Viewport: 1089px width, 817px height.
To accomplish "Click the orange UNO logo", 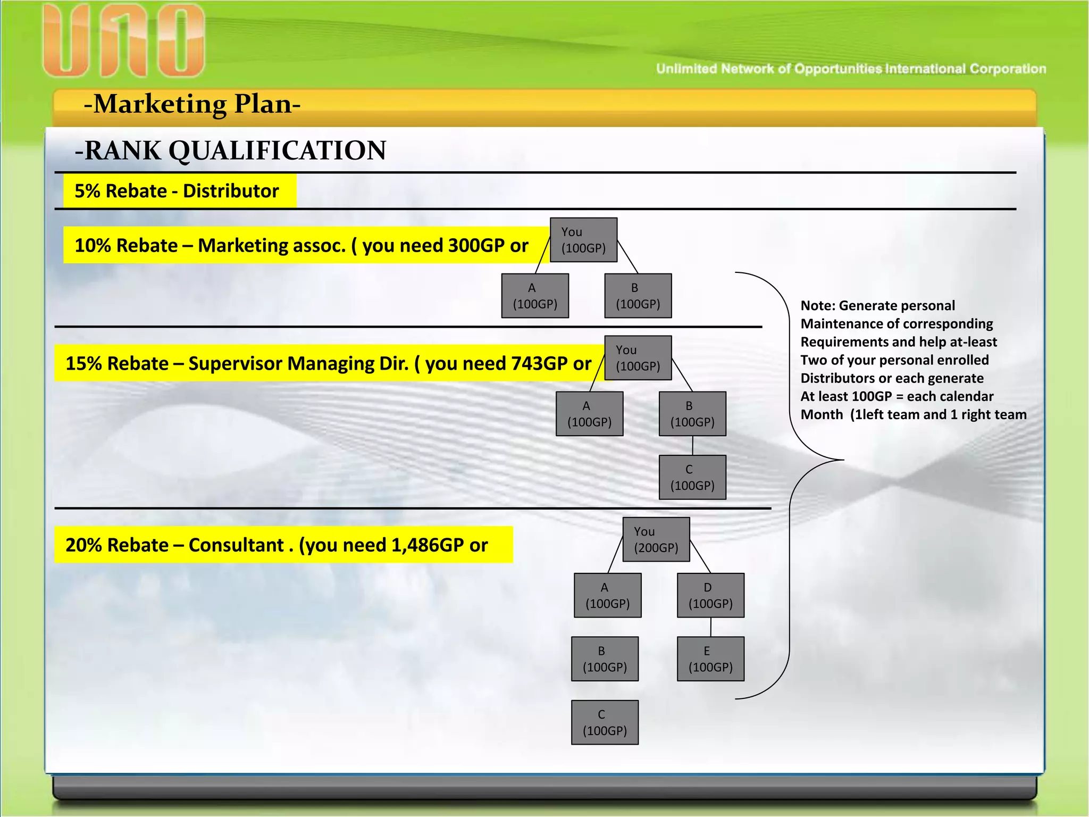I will coord(123,41).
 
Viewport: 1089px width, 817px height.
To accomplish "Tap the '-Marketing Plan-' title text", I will coord(192,104).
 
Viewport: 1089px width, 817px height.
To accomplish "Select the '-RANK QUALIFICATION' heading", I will coord(231,151).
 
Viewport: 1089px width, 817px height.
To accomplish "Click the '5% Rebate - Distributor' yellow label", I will coord(177,191).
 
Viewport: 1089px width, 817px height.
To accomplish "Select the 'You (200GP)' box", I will coord(656,539).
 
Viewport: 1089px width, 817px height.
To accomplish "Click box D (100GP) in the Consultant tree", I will coord(710,595).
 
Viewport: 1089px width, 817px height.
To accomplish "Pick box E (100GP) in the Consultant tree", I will coord(710,659).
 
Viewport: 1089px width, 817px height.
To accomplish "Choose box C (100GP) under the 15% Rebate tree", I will coord(692,477).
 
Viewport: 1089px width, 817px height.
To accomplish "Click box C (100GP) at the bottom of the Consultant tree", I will coord(605,722).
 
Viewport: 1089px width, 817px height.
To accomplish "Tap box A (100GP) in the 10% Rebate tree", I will coord(535,296).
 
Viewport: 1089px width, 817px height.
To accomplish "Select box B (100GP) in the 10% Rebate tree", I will coord(638,296).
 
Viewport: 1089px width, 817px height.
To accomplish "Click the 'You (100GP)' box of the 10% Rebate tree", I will coord(583,240).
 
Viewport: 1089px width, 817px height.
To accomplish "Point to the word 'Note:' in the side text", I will coord(818,306).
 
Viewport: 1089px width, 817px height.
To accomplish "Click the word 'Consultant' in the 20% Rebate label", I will coord(236,545).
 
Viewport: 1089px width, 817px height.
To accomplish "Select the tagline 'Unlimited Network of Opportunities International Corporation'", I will coord(851,69).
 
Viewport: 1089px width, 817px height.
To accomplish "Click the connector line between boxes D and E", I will coord(711,627).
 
